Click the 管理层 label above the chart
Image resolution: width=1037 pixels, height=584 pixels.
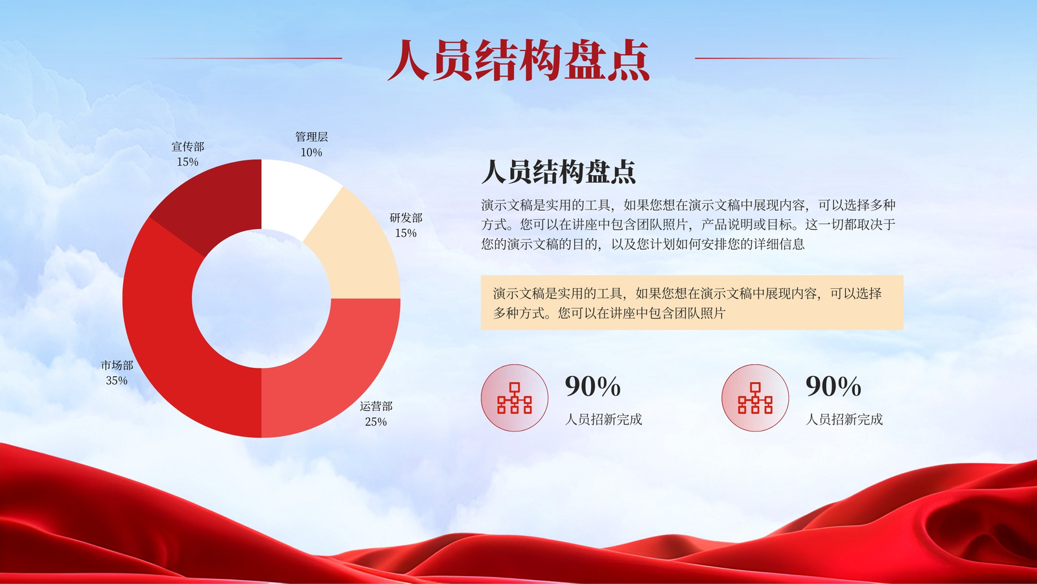(312, 137)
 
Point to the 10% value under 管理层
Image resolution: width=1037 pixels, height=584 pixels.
(311, 152)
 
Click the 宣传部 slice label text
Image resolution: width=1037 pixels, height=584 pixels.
(187, 147)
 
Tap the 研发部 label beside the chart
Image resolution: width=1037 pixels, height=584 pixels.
(406, 217)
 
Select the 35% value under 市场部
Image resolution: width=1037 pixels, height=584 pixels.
(117, 380)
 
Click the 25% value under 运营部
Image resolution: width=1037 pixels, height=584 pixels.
(376, 422)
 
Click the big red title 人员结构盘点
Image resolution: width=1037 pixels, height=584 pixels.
(518, 60)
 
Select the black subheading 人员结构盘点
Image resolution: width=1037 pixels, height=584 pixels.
(559, 171)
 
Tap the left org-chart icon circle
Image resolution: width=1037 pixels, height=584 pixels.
(515, 398)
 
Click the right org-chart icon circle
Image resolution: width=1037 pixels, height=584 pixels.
(755, 398)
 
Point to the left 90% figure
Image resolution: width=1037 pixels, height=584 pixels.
(592, 386)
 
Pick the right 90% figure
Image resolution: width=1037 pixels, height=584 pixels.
(833, 386)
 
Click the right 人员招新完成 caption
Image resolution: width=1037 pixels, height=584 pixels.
(845, 419)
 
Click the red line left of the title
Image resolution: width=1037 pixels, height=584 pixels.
(240, 58)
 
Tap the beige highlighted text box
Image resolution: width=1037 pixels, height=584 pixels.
(692, 302)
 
